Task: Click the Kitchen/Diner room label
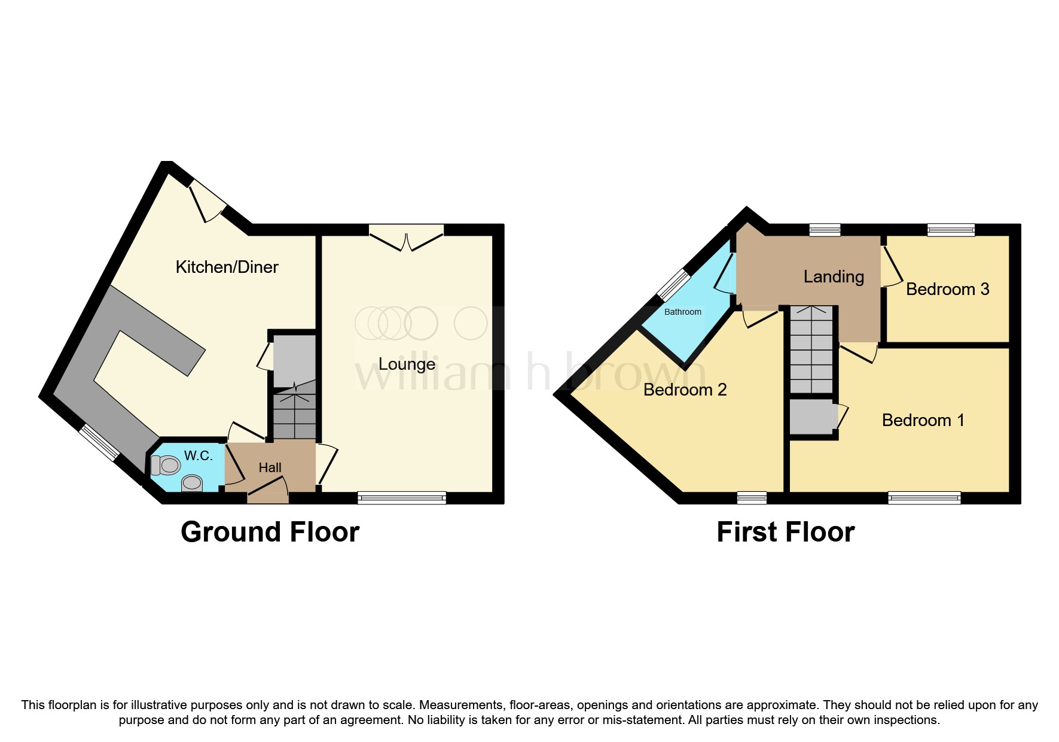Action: (x=227, y=267)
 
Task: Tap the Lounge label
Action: (x=407, y=364)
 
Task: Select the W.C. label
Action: (x=198, y=456)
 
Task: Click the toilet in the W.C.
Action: (x=166, y=465)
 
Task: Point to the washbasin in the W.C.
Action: (x=192, y=482)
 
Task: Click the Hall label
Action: (x=270, y=468)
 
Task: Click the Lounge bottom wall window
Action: (x=402, y=497)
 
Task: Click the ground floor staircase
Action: (x=294, y=413)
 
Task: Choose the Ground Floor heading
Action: (x=270, y=532)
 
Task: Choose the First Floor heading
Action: (x=785, y=532)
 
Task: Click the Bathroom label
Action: (x=682, y=312)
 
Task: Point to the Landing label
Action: (x=834, y=276)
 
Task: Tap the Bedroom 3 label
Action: (x=947, y=289)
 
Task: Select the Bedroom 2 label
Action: (x=685, y=390)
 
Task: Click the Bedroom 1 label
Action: (x=923, y=420)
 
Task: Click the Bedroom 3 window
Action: (x=951, y=230)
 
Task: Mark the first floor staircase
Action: (x=811, y=350)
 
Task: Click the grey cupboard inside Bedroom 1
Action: (x=811, y=417)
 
